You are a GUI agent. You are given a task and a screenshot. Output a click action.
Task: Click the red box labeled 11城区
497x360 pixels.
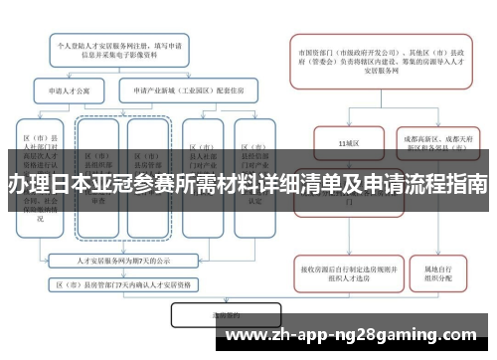[x=347, y=143]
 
